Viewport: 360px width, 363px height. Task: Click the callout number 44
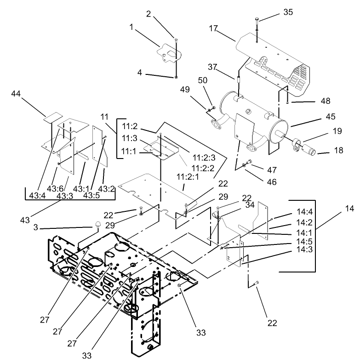pos(16,94)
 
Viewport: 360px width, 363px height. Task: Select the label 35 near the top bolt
pos(288,12)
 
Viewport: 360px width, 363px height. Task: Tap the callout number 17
pos(213,28)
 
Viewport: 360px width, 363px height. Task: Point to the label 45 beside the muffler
pos(331,116)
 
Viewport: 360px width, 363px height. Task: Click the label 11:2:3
pos(204,158)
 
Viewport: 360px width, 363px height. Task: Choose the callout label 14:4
pos(305,211)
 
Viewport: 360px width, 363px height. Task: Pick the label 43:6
pos(55,189)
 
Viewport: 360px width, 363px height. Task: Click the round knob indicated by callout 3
pos(98,224)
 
